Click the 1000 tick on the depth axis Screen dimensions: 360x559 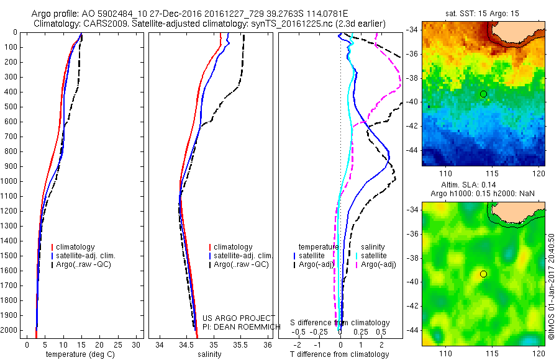(x=11, y=181)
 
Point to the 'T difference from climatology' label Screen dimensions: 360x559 (x=339, y=354)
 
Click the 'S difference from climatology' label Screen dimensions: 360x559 (x=340, y=323)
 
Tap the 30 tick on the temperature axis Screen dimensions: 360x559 (x=137, y=344)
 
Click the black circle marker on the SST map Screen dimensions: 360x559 (x=483, y=94)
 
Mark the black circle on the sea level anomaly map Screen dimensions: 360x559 (x=483, y=274)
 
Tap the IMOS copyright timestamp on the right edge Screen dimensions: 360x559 (x=552, y=287)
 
